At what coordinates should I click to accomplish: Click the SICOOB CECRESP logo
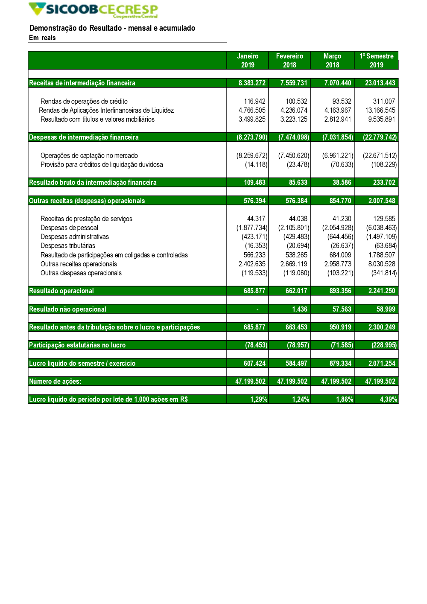point(93,10)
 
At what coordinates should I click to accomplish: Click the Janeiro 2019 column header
point(248,61)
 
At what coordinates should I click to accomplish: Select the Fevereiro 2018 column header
point(290,61)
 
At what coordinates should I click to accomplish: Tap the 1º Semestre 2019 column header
point(376,61)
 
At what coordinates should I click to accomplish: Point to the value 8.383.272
point(252,83)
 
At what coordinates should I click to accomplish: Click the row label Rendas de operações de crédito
point(84,101)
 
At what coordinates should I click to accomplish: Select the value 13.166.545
point(380,110)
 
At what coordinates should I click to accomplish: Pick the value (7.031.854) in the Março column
point(338,137)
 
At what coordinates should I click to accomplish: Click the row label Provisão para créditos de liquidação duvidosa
point(102,164)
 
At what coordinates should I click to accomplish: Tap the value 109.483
point(254,182)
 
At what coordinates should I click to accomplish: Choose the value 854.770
point(340,201)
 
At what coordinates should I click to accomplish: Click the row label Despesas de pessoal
point(69,228)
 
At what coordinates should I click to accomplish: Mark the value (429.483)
point(296,236)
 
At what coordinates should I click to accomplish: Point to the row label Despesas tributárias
point(68,245)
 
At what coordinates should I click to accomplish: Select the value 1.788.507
point(382,255)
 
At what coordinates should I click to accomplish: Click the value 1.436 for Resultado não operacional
point(300,309)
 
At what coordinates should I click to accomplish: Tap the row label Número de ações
point(55,381)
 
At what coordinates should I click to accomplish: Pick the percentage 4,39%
point(388,399)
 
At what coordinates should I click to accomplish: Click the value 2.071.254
point(382,363)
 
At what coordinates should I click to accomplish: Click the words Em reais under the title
point(42,38)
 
